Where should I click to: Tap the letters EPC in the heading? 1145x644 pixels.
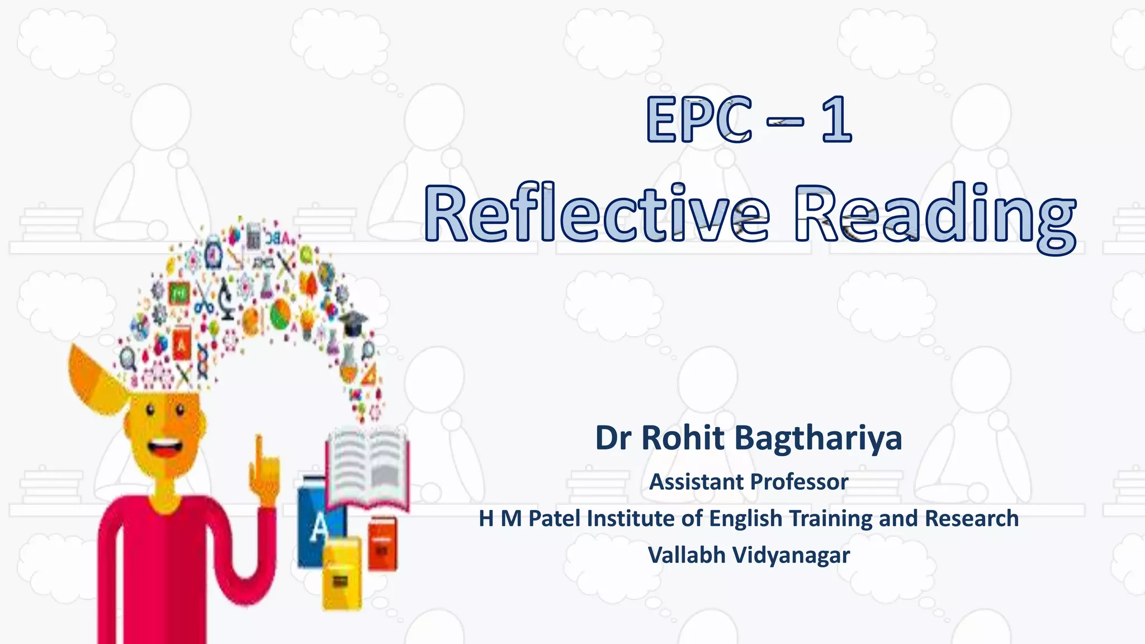(699, 120)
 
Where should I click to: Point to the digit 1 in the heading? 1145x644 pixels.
(836, 120)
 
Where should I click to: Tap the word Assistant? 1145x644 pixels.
(696, 482)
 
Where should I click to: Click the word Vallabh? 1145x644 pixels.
(687, 555)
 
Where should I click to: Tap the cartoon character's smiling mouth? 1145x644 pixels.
(164, 448)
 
